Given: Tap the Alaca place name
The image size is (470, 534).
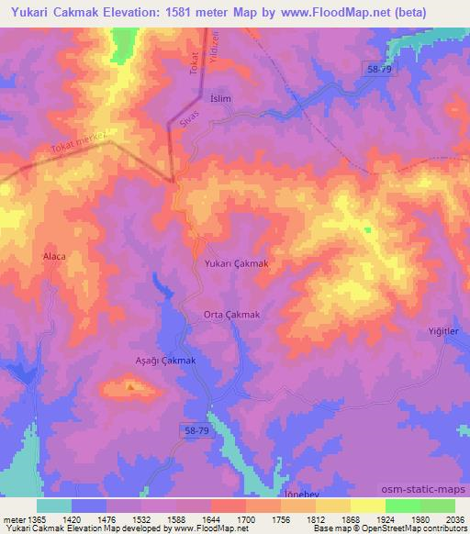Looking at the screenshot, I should [x=54, y=257].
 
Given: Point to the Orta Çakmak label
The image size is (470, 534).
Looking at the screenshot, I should [x=232, y=315].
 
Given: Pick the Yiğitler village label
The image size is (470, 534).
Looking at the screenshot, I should [x=442, y=331].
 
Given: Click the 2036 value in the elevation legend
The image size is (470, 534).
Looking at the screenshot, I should [x=453, y=518].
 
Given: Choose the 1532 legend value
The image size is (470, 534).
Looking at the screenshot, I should [x=140, y=518].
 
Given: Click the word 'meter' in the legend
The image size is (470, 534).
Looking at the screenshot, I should [x=12, y=518].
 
